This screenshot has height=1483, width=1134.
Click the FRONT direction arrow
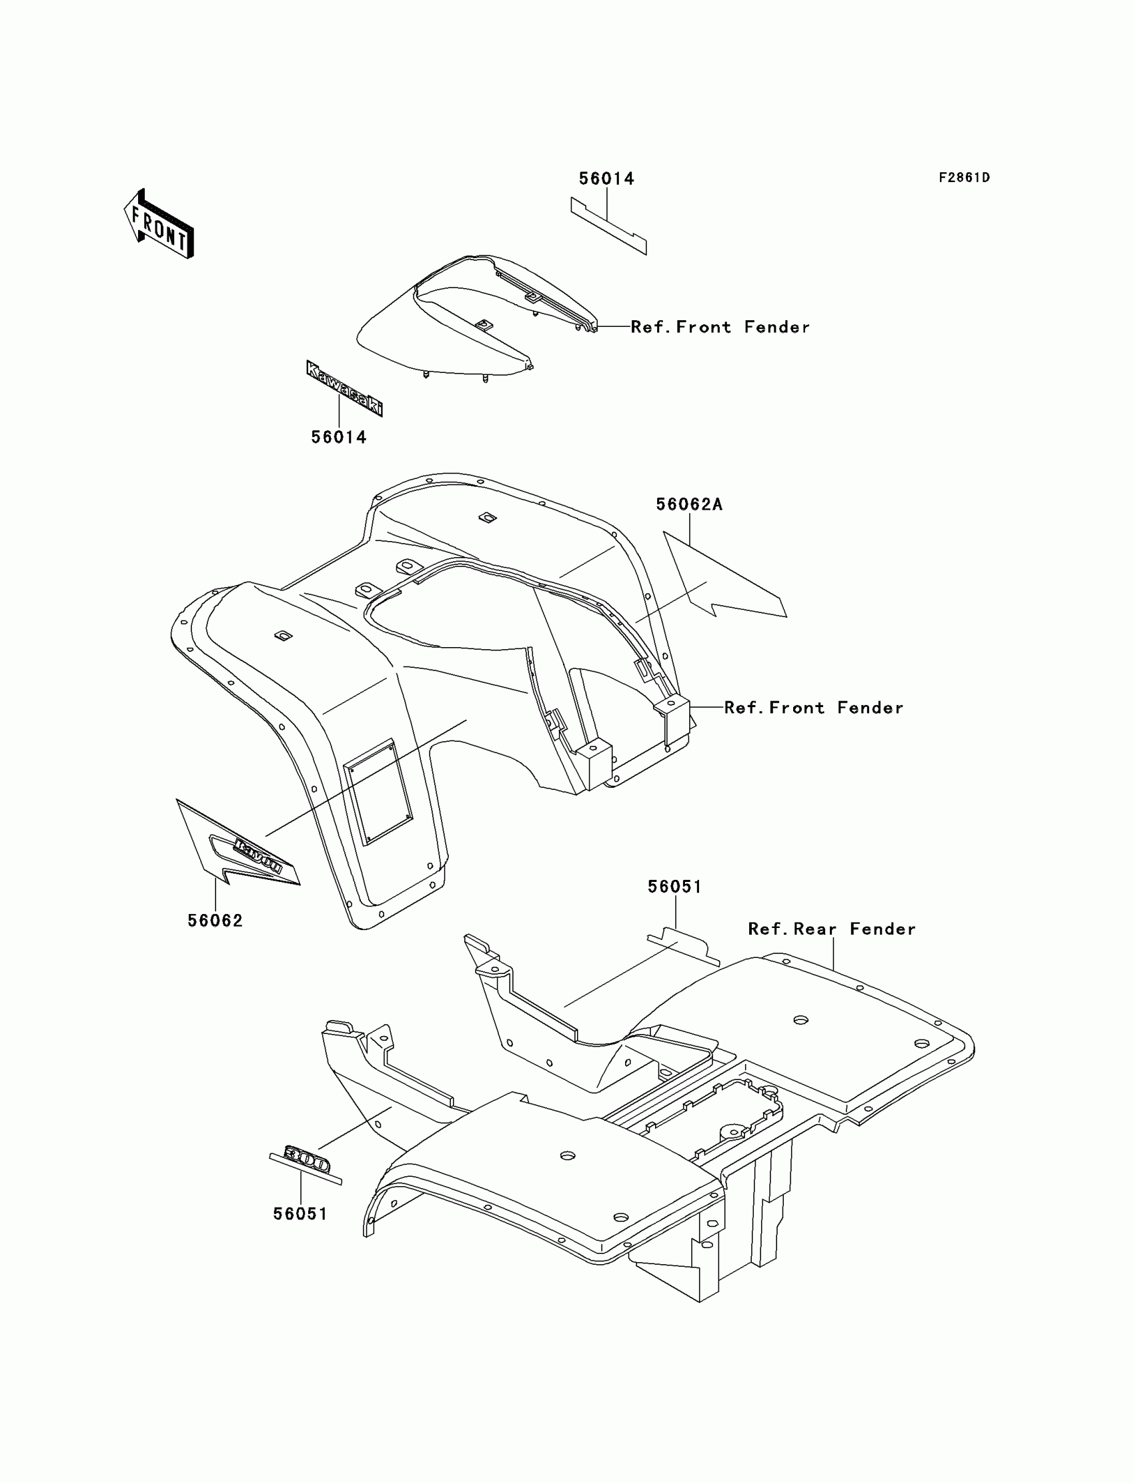[x=159, y=225]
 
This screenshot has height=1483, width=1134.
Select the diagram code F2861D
[x=964, y=177]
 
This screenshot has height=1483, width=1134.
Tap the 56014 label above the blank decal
[x=606, y=179]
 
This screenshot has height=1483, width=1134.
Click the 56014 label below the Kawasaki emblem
[x=339, y=438]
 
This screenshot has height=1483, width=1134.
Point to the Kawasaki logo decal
[x=344, y=388]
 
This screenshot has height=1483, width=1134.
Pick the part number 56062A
[x=688, y=504]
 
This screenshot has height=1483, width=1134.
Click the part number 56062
[x=215, y=920]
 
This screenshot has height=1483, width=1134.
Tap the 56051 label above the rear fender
[x=674, y=887]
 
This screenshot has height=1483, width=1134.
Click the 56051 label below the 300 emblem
[x=300, y=1213]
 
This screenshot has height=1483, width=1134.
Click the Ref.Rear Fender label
[x=832, y=929]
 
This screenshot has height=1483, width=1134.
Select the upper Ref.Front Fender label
[x=720, y=328]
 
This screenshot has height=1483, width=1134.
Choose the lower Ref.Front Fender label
[x=813, y=707]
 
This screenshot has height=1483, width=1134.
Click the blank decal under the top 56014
[x=608, y=225]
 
